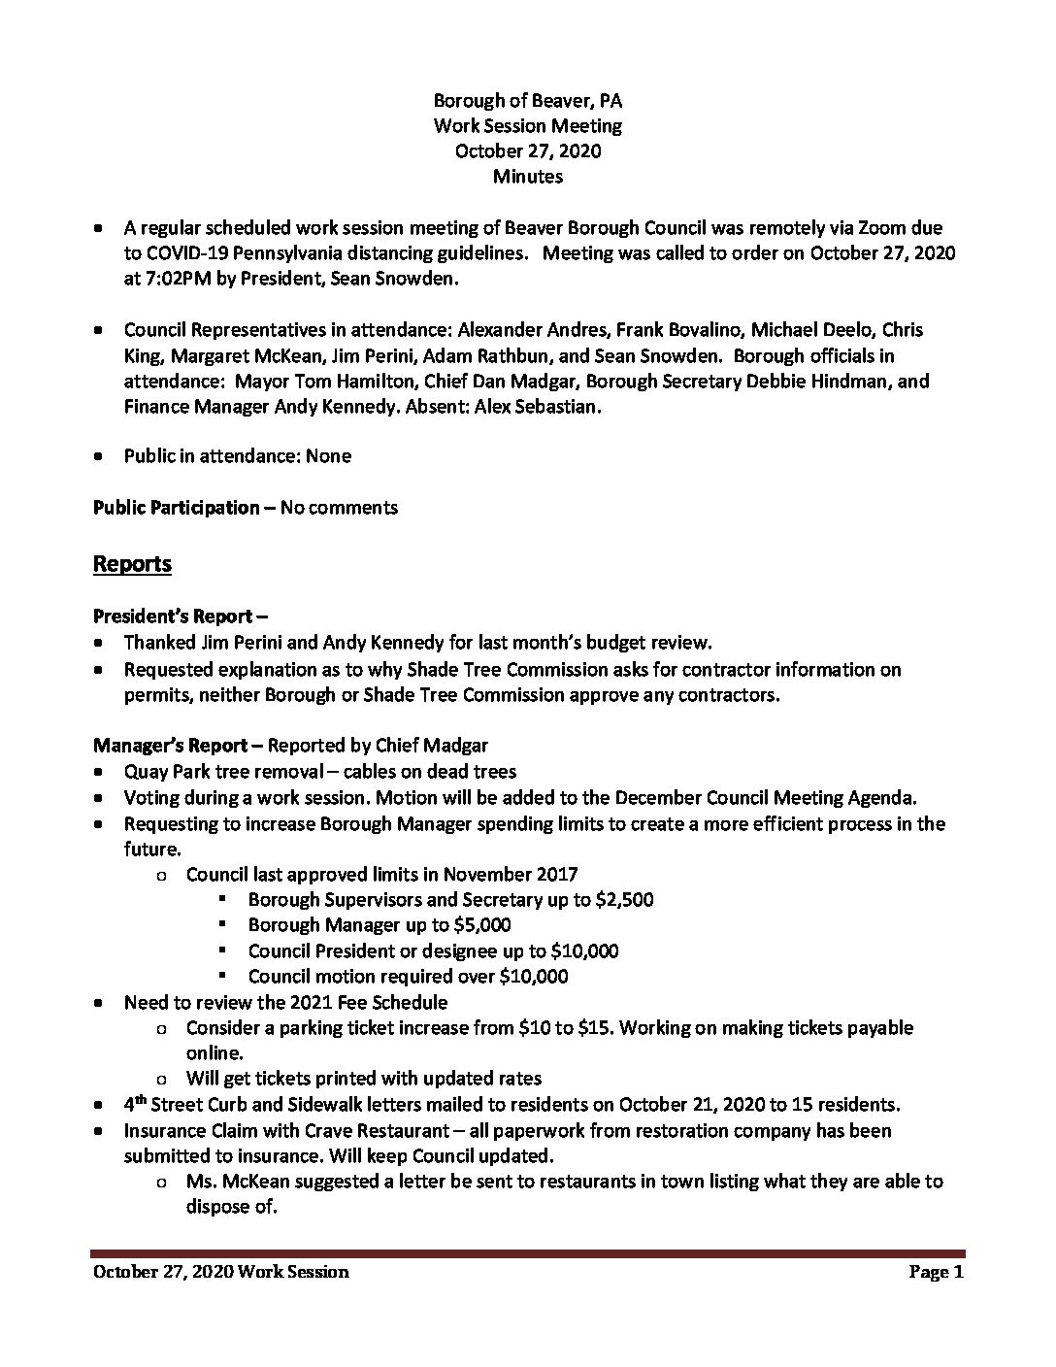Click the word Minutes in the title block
527,177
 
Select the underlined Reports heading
132,564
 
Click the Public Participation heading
176,507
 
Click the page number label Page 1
936,1272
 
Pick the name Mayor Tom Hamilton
324,381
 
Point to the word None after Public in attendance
328,455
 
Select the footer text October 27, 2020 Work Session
220,1272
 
